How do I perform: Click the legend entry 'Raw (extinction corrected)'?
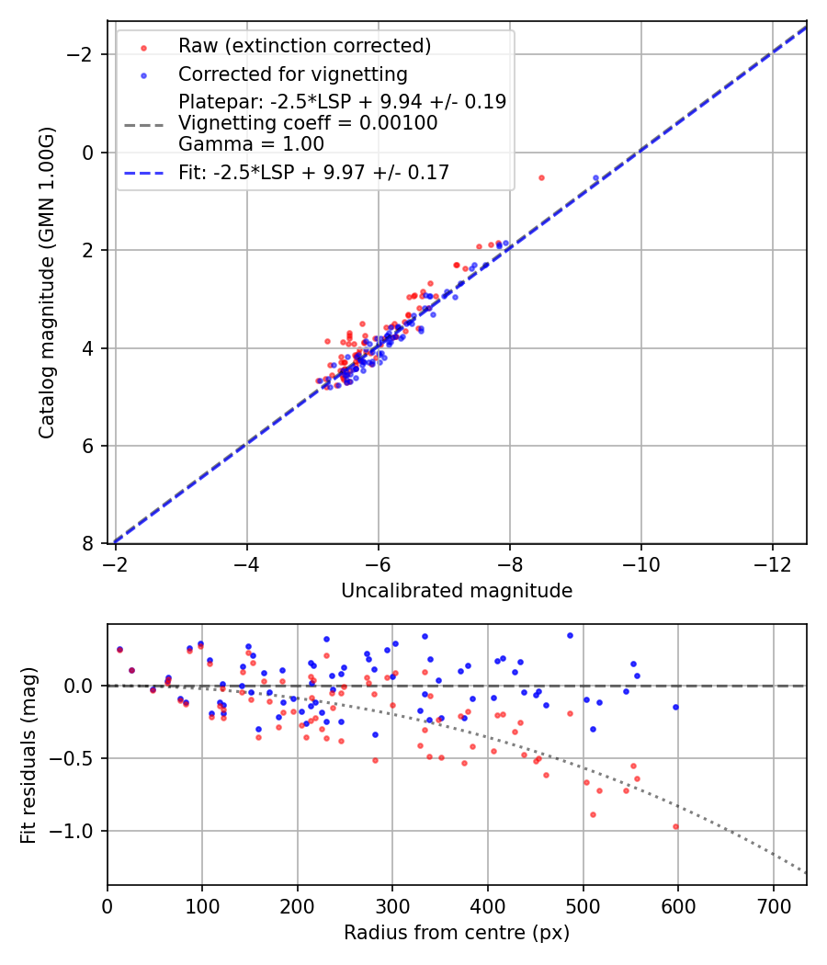tap(304, 46)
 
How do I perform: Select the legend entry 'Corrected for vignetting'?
tap(292, 74)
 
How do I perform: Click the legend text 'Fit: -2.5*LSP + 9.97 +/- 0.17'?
tap(313, 172)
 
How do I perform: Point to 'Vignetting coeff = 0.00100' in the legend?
tap(308, 123)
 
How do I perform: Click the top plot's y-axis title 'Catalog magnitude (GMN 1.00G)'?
tap(47, 282)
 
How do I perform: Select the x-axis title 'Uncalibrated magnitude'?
tap(457, 591)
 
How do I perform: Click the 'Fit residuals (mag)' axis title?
tap(28, 755)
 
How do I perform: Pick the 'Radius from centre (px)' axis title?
tap(457, 933)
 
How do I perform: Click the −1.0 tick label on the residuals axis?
tap(78, 831)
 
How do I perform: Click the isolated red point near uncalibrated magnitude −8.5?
tap(541, 177)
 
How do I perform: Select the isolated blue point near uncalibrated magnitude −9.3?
tap(595, 177)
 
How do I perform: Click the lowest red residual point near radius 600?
tap(675, 826)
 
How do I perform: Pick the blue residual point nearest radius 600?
tap(675, 707)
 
